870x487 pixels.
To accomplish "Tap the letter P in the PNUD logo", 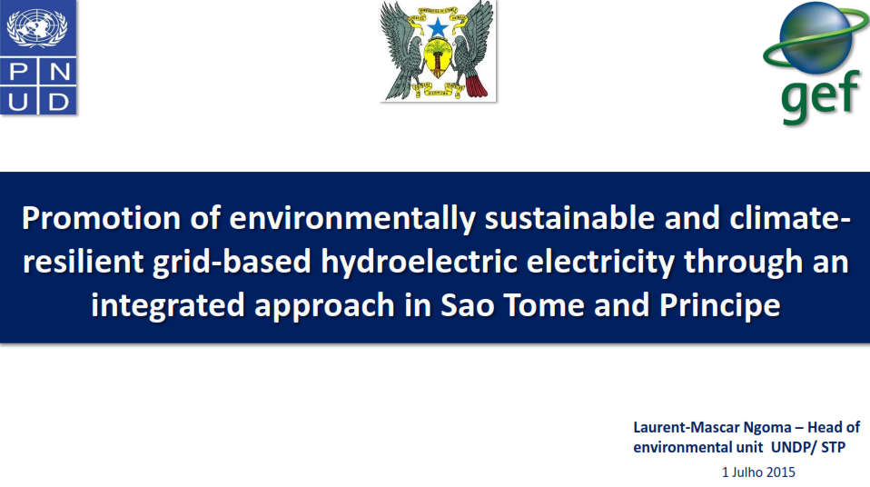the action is coord(18,72).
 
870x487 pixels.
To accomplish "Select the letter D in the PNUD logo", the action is coord(58,102).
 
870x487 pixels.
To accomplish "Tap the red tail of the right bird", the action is coord(476,86).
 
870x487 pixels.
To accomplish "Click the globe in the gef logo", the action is coord(816,38).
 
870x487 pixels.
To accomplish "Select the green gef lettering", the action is coord(821,96).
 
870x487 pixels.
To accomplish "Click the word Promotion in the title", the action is coord(102,218).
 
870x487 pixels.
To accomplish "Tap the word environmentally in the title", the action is coord(352,219).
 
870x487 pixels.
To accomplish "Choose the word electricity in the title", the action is coord(600,262).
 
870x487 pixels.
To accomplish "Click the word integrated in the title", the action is coord(168,306).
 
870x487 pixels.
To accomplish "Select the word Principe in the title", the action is coord(719,306).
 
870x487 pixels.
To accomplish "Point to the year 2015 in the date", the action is coord(781,472).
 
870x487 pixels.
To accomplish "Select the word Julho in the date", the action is coord(746,472).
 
